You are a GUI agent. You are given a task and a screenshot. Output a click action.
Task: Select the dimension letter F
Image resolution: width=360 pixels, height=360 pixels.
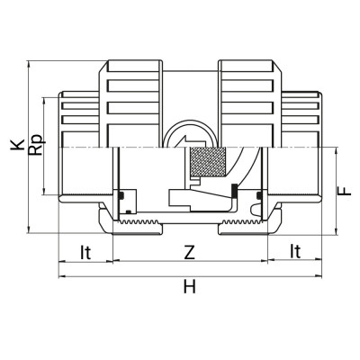tap(343, 191)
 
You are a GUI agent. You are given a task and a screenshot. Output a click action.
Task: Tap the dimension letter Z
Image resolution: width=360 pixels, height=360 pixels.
tap(188, 254)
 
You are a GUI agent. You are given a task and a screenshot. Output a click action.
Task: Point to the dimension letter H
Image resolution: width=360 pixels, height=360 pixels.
tap(188, 287)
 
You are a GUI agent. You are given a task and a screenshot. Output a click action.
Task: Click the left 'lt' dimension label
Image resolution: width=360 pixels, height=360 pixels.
tap(85, 254)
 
